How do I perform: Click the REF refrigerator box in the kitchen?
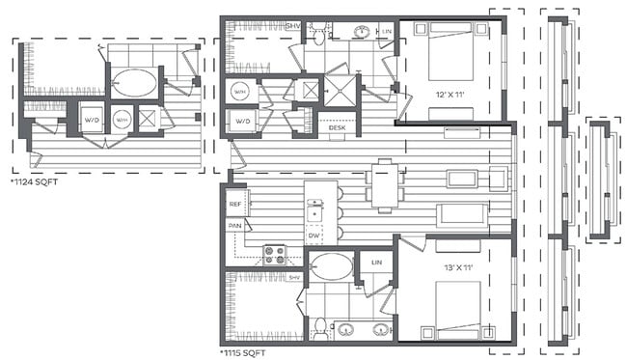pos(234,204)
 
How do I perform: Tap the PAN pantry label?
pos(234,225)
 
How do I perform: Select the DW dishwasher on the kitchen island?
pos(314,235)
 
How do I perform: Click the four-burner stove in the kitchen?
pos(275,256)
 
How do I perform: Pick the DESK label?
pos(337,127)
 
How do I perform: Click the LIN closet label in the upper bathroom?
pos(387,32)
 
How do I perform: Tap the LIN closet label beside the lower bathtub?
pos(375,262)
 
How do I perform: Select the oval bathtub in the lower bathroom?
pos(331,265)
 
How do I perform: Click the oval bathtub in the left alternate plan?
pos(134,83)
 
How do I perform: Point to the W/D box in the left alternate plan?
pos(92,121)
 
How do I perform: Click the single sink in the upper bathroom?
pos(362,31)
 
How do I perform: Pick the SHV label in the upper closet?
pos(292,25)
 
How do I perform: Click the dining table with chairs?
pos(386,183)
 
